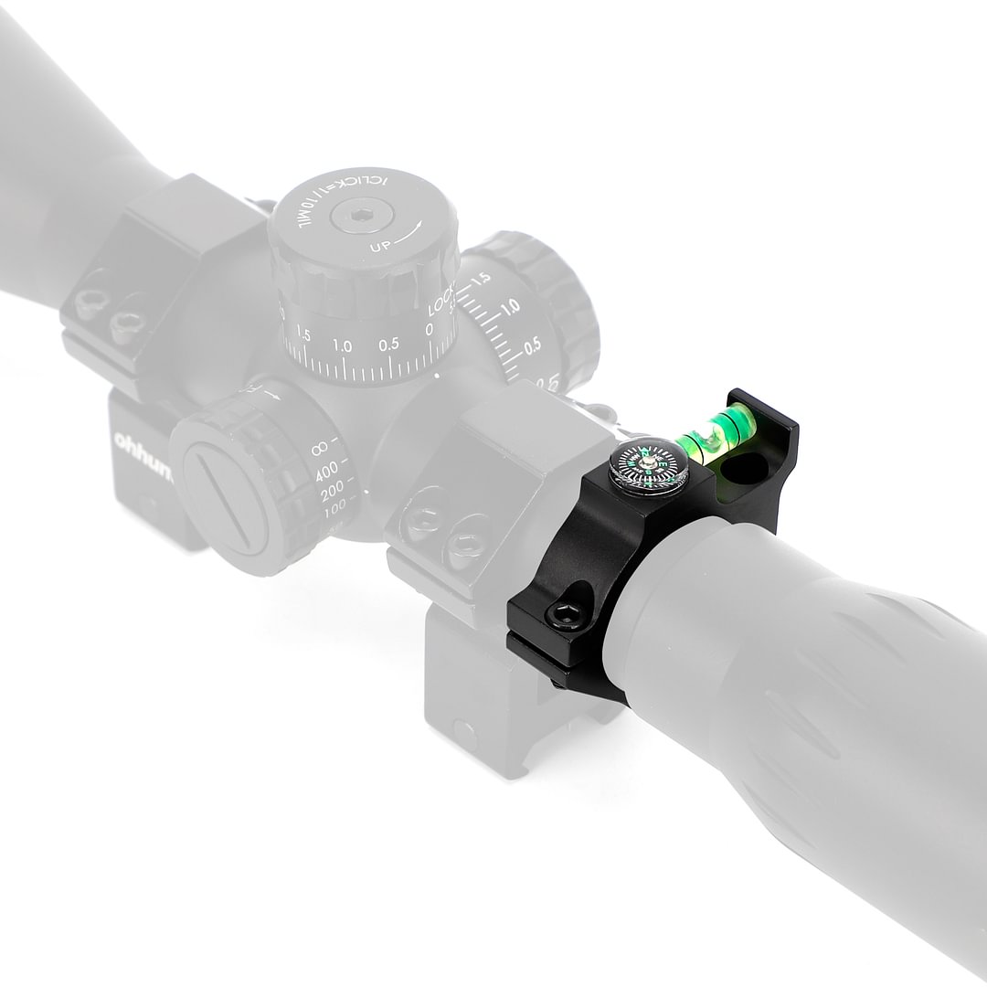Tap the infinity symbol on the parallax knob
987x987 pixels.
pyautogui.click(x=320, y=449)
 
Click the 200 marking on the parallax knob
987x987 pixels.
pyautogui.click(x=334, y=497)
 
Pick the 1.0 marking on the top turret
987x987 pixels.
pyautogui.click(x=344, y=345)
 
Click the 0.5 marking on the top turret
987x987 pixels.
pyautogui.click(x=389, y=345)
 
